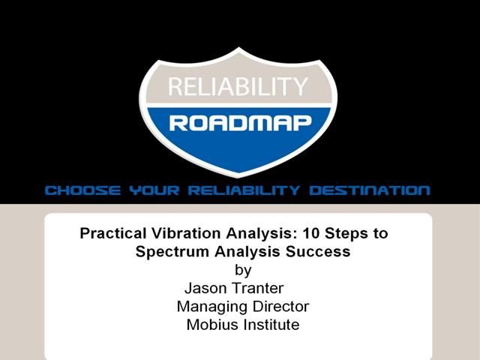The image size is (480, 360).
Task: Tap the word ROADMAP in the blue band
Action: [239, 123]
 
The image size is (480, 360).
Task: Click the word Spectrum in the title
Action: [166, 252]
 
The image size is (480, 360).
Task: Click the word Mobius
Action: [211, 325]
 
